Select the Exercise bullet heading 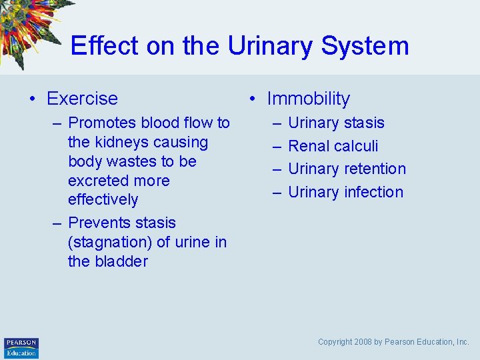[82, 99]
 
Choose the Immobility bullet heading [308, 99]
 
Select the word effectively [103, 200]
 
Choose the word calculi [355, 146]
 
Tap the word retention [375, 169]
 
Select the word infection [374, 192]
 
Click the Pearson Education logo [21, 347]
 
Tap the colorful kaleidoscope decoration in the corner [30, 27]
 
